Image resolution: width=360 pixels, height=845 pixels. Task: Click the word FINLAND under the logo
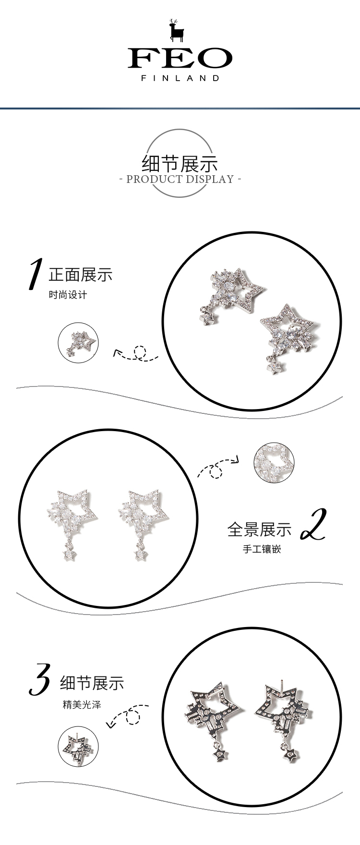point(180,78)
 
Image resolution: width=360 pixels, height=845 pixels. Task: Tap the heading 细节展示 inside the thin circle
point(180,164)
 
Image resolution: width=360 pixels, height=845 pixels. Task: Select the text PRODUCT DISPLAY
point(180,179)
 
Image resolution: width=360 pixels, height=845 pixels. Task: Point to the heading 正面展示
point(81,275)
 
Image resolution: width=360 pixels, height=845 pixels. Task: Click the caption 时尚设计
point(68,295)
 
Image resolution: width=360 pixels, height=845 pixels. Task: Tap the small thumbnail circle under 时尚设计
point(78,342)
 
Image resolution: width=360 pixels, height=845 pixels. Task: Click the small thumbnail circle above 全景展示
point(274,463)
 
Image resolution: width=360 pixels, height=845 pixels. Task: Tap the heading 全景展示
point(259,529)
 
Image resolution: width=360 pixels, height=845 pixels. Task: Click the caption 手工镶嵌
point(262,549)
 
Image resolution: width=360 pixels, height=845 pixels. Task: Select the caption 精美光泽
point(82,705)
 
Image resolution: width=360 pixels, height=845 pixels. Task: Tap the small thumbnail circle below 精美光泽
point(78,747)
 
